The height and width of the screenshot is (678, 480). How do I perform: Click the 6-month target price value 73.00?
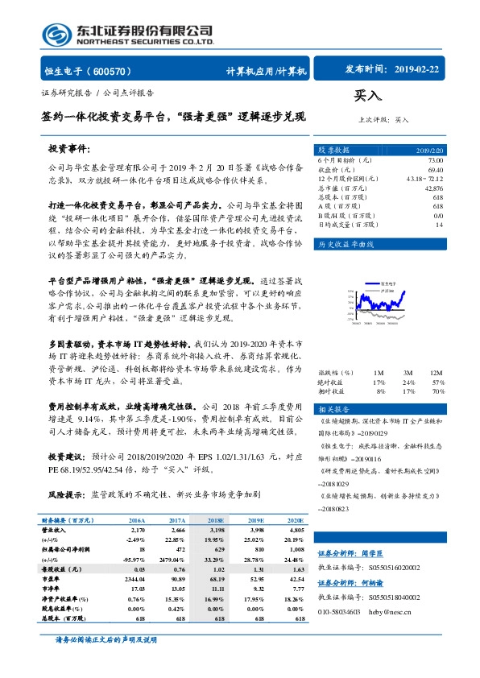click(x=435, y=161)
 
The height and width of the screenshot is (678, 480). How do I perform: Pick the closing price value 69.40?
click(x=436, y=170)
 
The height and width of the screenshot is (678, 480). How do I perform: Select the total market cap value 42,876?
click(x=433, y=188)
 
